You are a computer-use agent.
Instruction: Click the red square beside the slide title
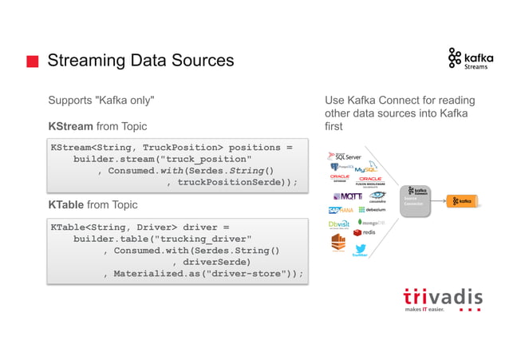[x=32, y=61]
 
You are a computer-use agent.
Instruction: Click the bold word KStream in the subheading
[x=70, y=126]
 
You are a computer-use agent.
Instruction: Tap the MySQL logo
[x=366, y=170]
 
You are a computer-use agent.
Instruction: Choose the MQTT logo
[x=347, y=196]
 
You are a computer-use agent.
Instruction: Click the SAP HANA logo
[x=341, y=211]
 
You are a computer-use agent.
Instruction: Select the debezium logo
[x=371, y=211]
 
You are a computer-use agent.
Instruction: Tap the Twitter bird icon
[x=360, y=249]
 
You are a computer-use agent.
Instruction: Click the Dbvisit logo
[x=339, y=224]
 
